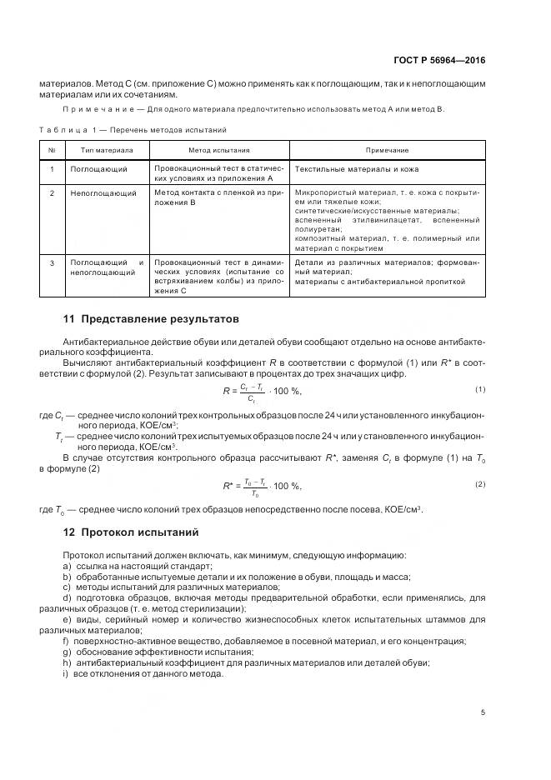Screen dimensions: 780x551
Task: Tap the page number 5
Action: [x=483, y=712]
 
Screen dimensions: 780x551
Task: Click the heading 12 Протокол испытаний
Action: [x=131, y=532]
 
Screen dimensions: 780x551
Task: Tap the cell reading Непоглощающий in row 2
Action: [x=103, y=192]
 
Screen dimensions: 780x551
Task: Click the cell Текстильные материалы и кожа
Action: [x=349, y=168]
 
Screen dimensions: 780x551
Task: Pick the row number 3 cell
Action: [x=52, y=263]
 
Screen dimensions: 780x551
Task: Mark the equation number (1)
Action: [x=480, y=389]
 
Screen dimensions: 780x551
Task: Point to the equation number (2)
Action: [x=480, y=484]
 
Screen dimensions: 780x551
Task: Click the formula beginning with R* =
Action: [x=262, y=486]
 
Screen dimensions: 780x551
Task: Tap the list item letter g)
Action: [x=67, y=652]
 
